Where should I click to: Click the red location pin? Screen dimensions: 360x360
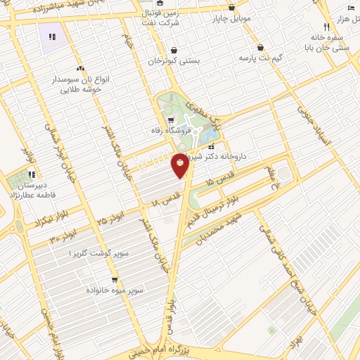click(180, 166)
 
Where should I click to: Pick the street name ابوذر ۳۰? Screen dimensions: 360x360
click(65, 236)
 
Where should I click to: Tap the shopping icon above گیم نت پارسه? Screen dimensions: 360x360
click(261, 48)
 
